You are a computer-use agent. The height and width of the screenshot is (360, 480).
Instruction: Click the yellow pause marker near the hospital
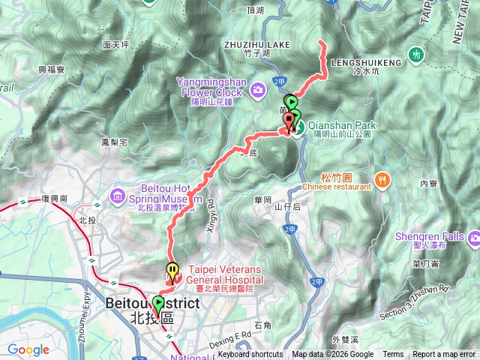(172, 270)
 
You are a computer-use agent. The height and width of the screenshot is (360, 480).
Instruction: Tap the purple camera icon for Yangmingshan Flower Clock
(259, 90)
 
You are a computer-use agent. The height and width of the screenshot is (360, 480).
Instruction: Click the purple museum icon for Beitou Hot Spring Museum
(118, 196)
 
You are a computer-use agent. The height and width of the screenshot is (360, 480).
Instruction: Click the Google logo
(28, 349)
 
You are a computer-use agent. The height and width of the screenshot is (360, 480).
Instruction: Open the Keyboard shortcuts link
(250, 355)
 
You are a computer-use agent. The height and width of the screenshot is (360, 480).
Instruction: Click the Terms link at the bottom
(393, 355)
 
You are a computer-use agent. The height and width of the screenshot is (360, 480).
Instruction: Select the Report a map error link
(445, 355)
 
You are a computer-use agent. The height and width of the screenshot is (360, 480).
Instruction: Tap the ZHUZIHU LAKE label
(257, 45)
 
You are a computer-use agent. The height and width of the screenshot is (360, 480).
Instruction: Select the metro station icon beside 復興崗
(22, 201)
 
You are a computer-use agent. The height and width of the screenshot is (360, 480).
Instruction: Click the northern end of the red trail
(322, 43)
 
